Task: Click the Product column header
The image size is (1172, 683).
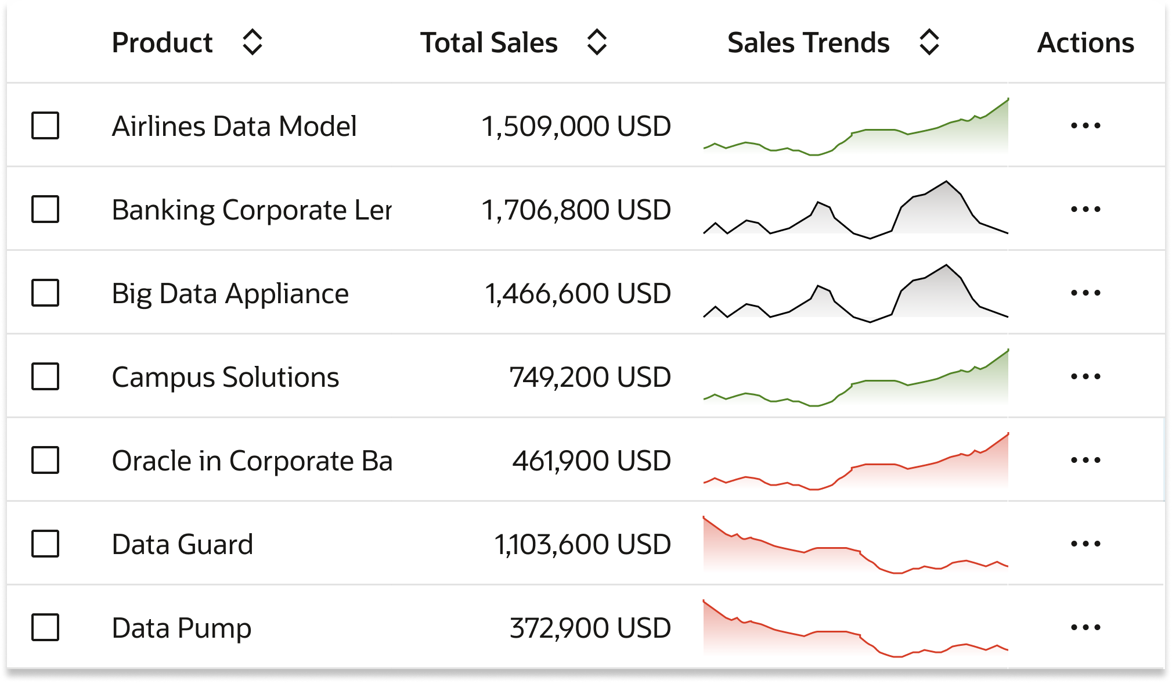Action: click(x=162, y=43)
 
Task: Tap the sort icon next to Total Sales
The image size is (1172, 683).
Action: click(x=597, y=42)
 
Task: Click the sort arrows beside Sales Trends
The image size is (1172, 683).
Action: click(x=929, y=42)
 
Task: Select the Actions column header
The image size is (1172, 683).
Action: click(x=1085, y=43)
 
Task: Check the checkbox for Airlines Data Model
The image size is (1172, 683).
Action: click(x=45, y=125)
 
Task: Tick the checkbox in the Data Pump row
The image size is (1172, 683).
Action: click(x=45, y=627)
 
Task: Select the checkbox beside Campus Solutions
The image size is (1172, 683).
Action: click(x=45, y=376)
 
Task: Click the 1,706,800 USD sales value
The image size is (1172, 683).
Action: click(x=576, y=210)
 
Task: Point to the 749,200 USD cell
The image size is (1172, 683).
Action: click(x=590, y=377)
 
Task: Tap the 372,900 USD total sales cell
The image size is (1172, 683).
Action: click(x=590, y=628)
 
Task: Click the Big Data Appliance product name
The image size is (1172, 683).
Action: click(x=230, y=293)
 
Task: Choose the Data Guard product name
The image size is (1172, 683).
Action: click(x=182, y=544)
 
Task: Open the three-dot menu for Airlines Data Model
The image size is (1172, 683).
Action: click(x=1086, y=125)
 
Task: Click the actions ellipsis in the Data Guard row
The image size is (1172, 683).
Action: click(x=1086, y=544)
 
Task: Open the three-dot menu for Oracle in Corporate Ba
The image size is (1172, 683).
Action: click(x=1086, y=460)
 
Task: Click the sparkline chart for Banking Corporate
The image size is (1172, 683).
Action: click(x=856, y=212)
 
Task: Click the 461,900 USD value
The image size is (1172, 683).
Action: click(x=591, y=461)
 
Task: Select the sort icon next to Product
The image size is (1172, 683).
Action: click(x=252, y=42)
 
